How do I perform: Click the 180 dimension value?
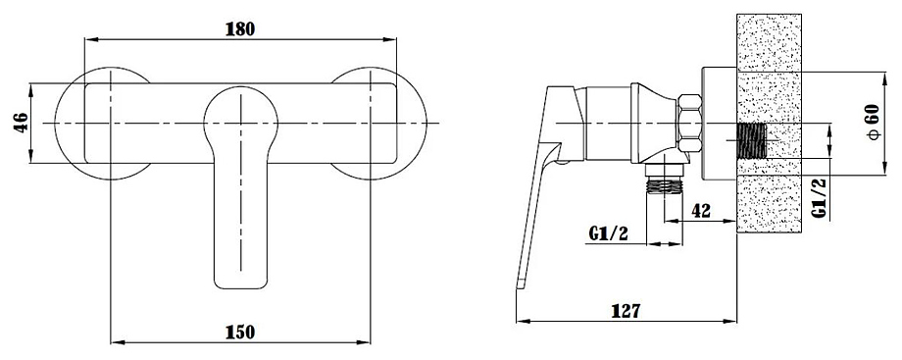pos(240,28)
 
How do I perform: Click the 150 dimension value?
pos(240,332)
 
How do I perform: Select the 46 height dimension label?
pos(21,124)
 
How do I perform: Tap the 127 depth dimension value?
pos(626,311)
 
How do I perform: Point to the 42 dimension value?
pos(701,211)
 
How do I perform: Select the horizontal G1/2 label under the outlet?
pos(609,233)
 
